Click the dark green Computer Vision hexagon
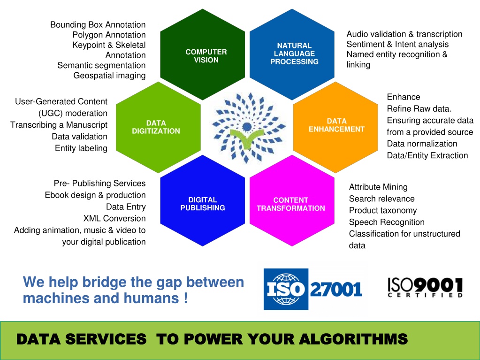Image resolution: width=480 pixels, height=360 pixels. (x=202, y=54)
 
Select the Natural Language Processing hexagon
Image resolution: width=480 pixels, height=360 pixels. (x=292, y=54)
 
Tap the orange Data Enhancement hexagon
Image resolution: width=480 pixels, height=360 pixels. (x=335, y=127)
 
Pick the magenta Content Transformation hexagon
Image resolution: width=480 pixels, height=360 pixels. (x=292, y=200)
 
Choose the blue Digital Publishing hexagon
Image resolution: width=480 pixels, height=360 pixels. (x=202, y=200)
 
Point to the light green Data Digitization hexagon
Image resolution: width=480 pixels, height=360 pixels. (x=158, y=127)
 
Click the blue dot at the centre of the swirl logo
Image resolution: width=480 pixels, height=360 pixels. (x=247, y=126)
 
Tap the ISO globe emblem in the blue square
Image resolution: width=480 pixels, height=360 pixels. (x=286, y=289)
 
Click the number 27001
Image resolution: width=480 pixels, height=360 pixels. (x=336, y=289)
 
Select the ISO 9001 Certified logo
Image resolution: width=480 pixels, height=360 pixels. (x=425, y=287)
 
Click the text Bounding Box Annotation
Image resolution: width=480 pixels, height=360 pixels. (x=98, y=25)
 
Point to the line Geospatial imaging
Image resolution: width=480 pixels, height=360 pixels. (x=110, y=76)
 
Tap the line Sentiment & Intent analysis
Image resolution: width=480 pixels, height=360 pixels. (x=397, y=45)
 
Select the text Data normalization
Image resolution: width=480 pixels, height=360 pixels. (x=422, y=144)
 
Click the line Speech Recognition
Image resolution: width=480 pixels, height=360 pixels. (x=387, y=222)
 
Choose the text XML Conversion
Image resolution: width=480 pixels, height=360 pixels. (x=114, y=218)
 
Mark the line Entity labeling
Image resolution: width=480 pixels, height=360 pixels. (x=81, y=148)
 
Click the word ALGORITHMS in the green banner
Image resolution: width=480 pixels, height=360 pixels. (x=353, y=339)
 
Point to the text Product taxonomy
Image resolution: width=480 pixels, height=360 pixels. (x=383, y=210)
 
